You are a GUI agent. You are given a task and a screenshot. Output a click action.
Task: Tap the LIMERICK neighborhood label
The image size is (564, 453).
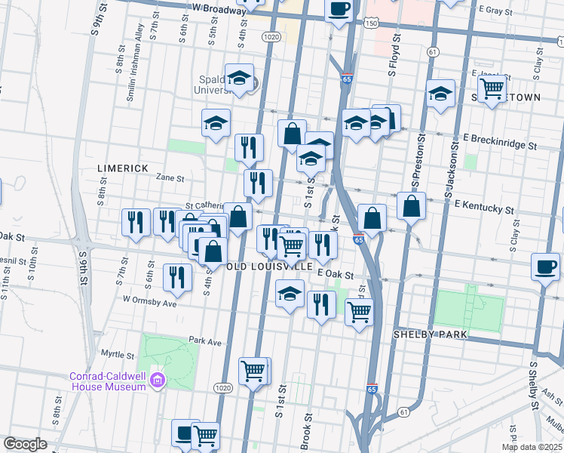pos(121,167)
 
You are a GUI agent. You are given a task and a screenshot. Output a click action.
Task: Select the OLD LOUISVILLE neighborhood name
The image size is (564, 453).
pos(268,267)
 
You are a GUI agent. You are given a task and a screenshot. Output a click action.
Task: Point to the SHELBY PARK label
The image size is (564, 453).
pos(431,334)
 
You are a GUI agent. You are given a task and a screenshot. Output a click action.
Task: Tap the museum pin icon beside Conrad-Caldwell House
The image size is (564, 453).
pos(158,377)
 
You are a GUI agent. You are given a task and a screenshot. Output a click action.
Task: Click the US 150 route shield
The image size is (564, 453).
pos(370,24)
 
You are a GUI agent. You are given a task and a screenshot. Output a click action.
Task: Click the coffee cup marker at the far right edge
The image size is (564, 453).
pos(545,267)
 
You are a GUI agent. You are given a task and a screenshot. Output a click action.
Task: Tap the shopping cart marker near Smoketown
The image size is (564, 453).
pos(492,89)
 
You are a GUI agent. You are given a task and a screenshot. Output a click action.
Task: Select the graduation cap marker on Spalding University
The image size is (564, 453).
pos(239,79)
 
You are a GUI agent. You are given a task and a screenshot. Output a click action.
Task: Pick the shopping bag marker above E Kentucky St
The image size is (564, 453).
pos(410,205)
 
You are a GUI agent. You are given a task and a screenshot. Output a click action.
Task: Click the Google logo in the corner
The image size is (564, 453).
pos(25,444)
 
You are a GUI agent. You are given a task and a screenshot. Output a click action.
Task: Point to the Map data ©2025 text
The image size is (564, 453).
pos(532,447)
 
